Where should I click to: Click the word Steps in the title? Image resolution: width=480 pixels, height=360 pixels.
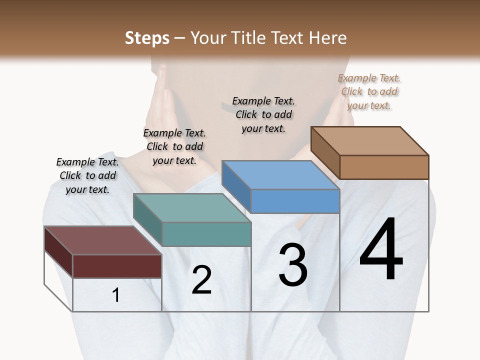147,38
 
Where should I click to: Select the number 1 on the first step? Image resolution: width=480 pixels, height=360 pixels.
116,295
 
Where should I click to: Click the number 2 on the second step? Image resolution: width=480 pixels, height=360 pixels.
201,280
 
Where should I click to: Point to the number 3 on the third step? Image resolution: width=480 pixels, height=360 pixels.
293,265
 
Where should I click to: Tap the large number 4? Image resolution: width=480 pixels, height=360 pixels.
381,250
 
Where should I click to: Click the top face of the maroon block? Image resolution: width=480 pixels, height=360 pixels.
102,240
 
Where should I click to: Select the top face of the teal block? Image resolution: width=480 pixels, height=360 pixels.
192,208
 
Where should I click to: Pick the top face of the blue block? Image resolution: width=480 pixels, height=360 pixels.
280,175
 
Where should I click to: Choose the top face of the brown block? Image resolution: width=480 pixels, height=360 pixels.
370,141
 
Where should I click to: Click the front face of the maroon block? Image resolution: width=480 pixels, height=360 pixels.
117,266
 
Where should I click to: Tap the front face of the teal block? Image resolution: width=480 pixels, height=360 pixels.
206,234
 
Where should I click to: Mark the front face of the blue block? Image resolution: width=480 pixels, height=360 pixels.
295,201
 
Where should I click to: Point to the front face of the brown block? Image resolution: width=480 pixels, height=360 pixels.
384,167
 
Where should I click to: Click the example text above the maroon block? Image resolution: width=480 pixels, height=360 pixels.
87,175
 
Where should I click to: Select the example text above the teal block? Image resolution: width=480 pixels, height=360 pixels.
174,146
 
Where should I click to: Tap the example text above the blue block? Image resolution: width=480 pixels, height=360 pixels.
263,114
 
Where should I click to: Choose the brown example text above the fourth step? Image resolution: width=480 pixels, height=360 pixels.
369,91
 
